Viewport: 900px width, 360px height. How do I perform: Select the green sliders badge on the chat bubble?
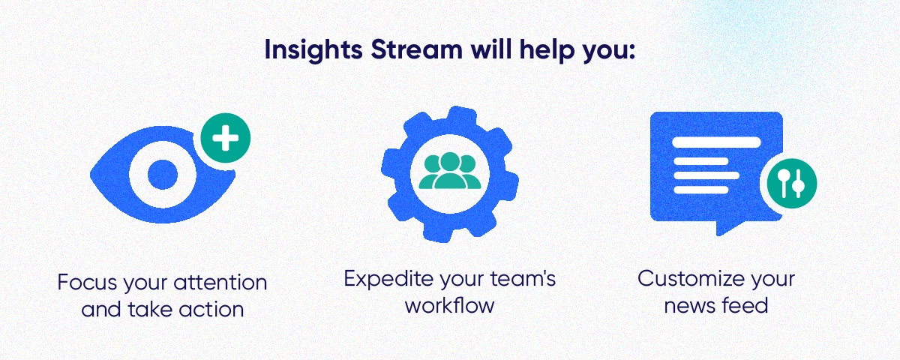789,183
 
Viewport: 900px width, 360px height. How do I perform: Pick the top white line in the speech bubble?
717,142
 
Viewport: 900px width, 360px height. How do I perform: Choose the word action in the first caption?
215,309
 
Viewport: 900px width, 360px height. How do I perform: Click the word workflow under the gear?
450,305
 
